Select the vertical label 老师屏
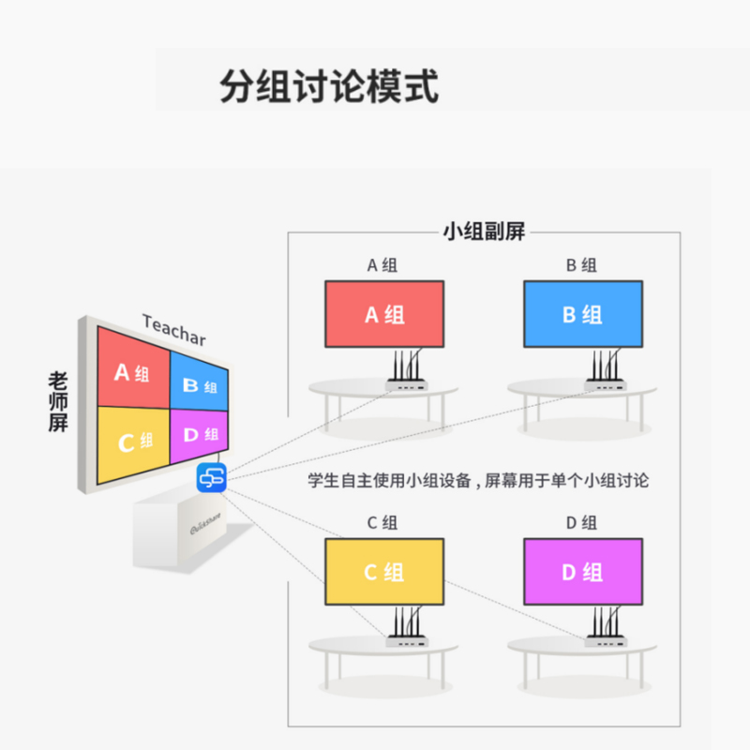pos(58,401)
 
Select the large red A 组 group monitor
pos(384,314)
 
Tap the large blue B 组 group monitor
pos(582,314)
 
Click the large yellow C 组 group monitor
pos(384,572)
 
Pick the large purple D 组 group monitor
pos(582,572)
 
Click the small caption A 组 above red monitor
pos(383,265)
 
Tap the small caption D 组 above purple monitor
pos(582,523)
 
